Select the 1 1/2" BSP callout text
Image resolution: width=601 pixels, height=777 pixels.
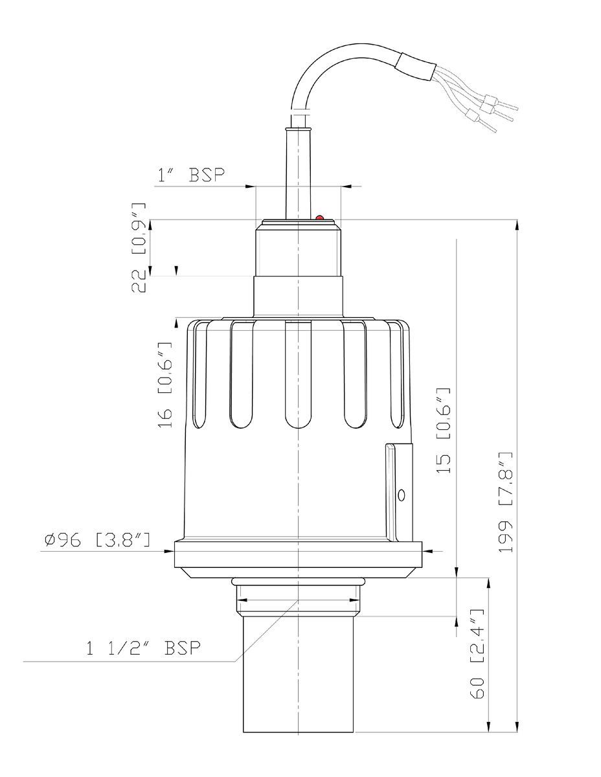[x=143, y=647]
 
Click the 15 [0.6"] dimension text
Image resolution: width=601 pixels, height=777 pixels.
[x=443, y=431]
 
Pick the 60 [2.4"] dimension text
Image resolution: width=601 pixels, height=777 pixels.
[x=477, y=657]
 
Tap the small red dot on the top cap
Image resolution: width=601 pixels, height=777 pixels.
[x=319, y=218]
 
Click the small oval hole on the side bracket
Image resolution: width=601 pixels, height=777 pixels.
[x=402, y=495]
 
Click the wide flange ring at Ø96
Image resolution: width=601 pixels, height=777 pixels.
[x=298, y=555]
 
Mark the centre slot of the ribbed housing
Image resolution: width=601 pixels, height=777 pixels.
[x=298, y=376]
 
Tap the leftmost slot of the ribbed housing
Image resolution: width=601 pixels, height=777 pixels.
[x=241, y=376]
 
